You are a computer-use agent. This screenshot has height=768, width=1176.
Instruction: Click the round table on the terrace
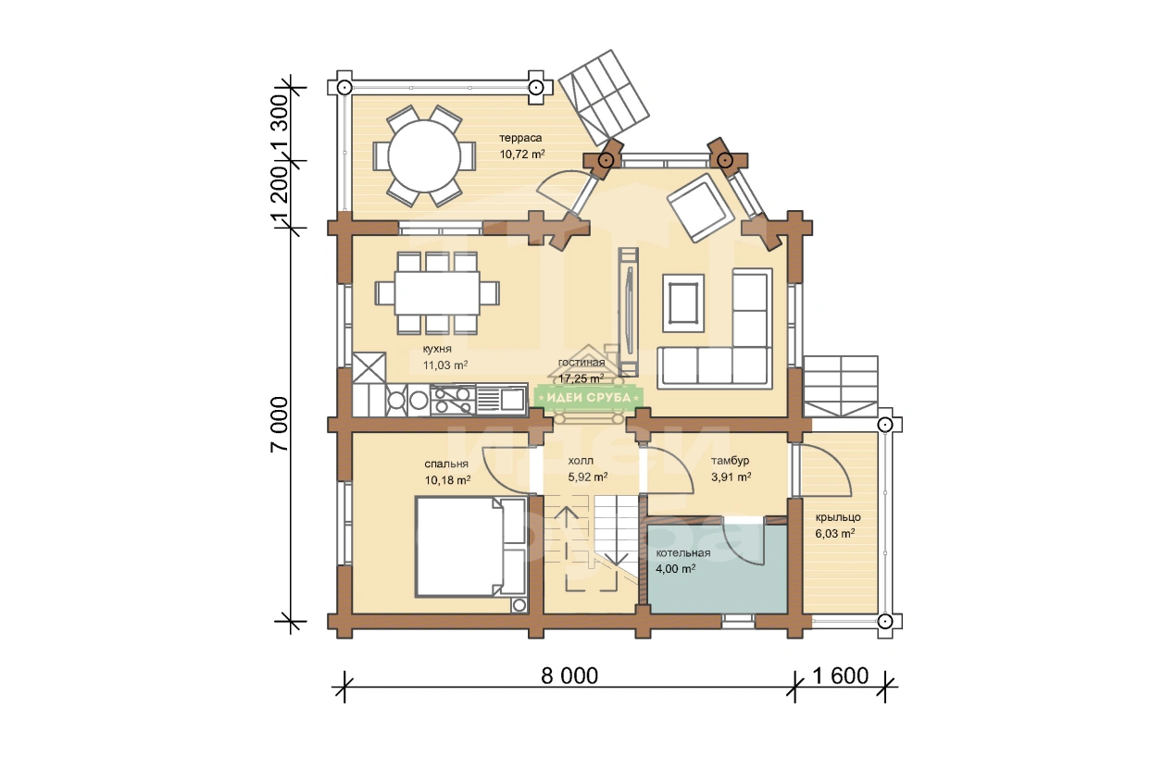[x=424, y=155]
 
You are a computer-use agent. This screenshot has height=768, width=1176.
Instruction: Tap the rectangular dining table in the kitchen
[x=437, y=292]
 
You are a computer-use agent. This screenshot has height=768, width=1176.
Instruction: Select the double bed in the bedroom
[x=470, y=547]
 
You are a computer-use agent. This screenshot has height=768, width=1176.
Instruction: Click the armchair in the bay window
[x=700, y=208]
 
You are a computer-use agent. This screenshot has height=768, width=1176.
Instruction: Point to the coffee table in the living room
[x=683, y=303]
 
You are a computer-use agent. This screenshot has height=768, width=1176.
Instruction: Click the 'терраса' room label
[x=520, y=138]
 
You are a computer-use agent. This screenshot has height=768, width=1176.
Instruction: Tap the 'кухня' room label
[x=437, y=349]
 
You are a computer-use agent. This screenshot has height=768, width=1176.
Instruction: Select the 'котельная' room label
[x=683, y=553]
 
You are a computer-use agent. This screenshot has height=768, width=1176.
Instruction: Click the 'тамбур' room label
[x=730, y=461]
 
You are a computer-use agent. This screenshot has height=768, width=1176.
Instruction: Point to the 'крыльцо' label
[x=838, y=517]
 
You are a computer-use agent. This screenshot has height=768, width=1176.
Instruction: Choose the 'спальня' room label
[x=446, y=464]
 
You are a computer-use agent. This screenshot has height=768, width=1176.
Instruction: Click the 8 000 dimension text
[x=569, y=675]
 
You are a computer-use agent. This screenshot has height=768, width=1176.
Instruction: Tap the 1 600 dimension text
[x=841, y=675]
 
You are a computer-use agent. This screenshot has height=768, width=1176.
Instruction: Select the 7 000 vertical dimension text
[x=280, y=425]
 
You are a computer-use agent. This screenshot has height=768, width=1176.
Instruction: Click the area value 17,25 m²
[x=582, y=378]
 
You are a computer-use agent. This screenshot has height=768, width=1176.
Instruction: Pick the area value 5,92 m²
[x=587, y=477]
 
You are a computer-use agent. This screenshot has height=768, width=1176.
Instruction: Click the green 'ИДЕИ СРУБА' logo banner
[x=589, y=397]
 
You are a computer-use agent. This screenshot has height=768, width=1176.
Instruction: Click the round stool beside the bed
[x=519, y=605]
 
